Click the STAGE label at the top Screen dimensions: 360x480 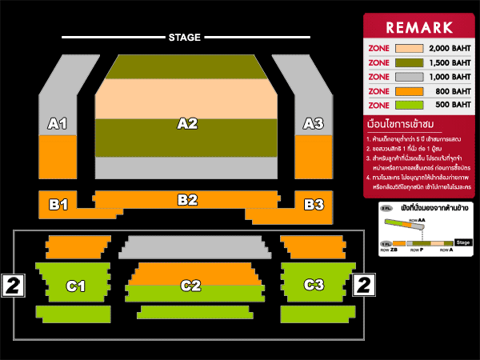(x=185, y=38)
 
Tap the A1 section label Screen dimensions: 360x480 (x=57, y=124)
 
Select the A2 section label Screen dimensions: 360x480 (x=187, y=124)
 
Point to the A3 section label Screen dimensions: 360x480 (x=314, y=124)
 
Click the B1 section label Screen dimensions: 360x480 (x=58, y=205)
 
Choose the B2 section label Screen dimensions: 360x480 (x=187, y=200)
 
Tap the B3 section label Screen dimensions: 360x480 (x=314, y=205)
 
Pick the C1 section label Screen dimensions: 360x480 (x=76, y=286)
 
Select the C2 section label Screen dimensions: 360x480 (x=190, y=286)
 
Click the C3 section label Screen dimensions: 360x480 (x=314, y=285)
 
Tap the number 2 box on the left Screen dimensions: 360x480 (x=13, y=284)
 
